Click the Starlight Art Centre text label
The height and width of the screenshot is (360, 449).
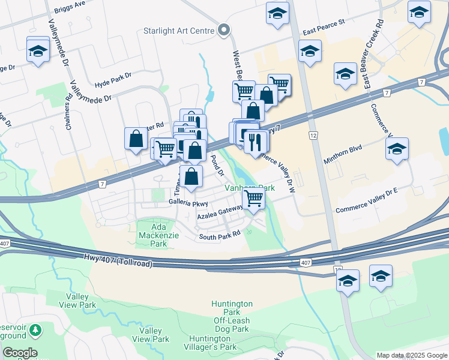179,30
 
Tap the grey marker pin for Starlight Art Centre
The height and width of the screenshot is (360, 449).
224,29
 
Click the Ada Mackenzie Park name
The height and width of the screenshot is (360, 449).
151,236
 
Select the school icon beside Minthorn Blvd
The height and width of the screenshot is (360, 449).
397,149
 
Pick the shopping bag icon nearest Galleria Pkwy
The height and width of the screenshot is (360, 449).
191,177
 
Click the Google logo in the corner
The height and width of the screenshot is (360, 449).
20,353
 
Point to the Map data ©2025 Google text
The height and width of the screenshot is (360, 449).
411,355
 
